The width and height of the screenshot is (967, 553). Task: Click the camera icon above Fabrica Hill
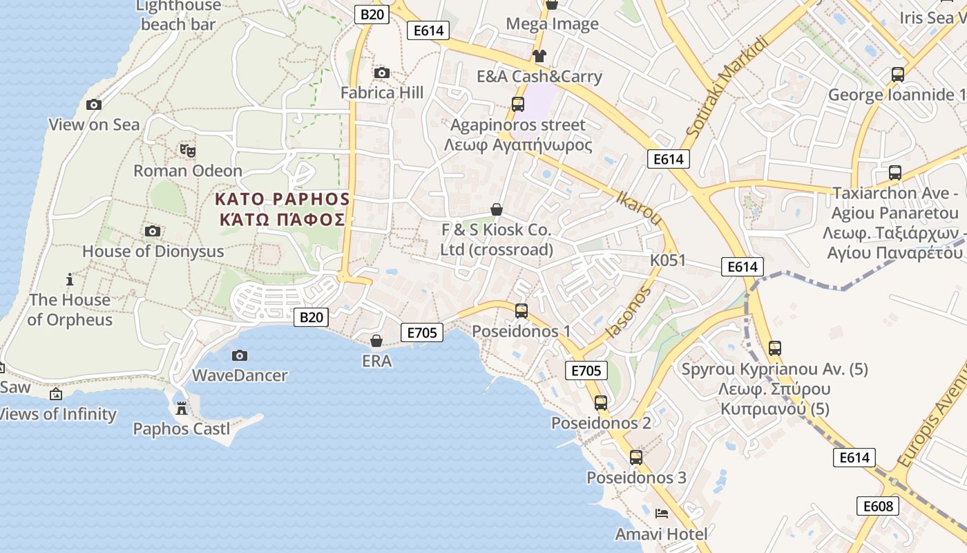coord(381,73)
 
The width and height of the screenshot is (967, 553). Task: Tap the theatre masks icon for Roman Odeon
coord(187,149)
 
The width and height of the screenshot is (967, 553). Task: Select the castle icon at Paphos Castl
coord(182,408)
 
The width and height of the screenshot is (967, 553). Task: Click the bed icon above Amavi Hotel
coord(661,513)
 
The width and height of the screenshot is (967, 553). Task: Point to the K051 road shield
coord(668,260)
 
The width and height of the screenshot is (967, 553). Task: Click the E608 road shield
coord(878,506)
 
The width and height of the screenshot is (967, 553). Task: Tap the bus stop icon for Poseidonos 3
coord(636,457)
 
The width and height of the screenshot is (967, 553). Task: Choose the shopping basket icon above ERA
coord(376,340)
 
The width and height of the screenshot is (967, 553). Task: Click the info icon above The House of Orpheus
coord(69,279)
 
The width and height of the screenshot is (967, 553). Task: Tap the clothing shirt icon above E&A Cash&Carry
coord(539,56)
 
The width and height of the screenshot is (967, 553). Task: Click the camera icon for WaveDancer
coord(240,355)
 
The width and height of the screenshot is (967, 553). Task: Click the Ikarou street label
coord(639,207)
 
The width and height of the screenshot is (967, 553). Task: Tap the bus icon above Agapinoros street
coord(518,104)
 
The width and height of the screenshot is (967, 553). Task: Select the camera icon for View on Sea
coord(94,104)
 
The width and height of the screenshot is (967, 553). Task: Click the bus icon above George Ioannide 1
coord(897,74)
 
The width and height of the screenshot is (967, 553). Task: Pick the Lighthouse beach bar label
coord(178,15)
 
